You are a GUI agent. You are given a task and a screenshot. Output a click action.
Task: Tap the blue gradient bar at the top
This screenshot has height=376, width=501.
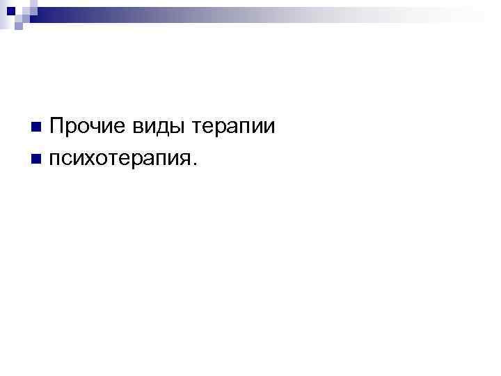pos(264,10)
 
